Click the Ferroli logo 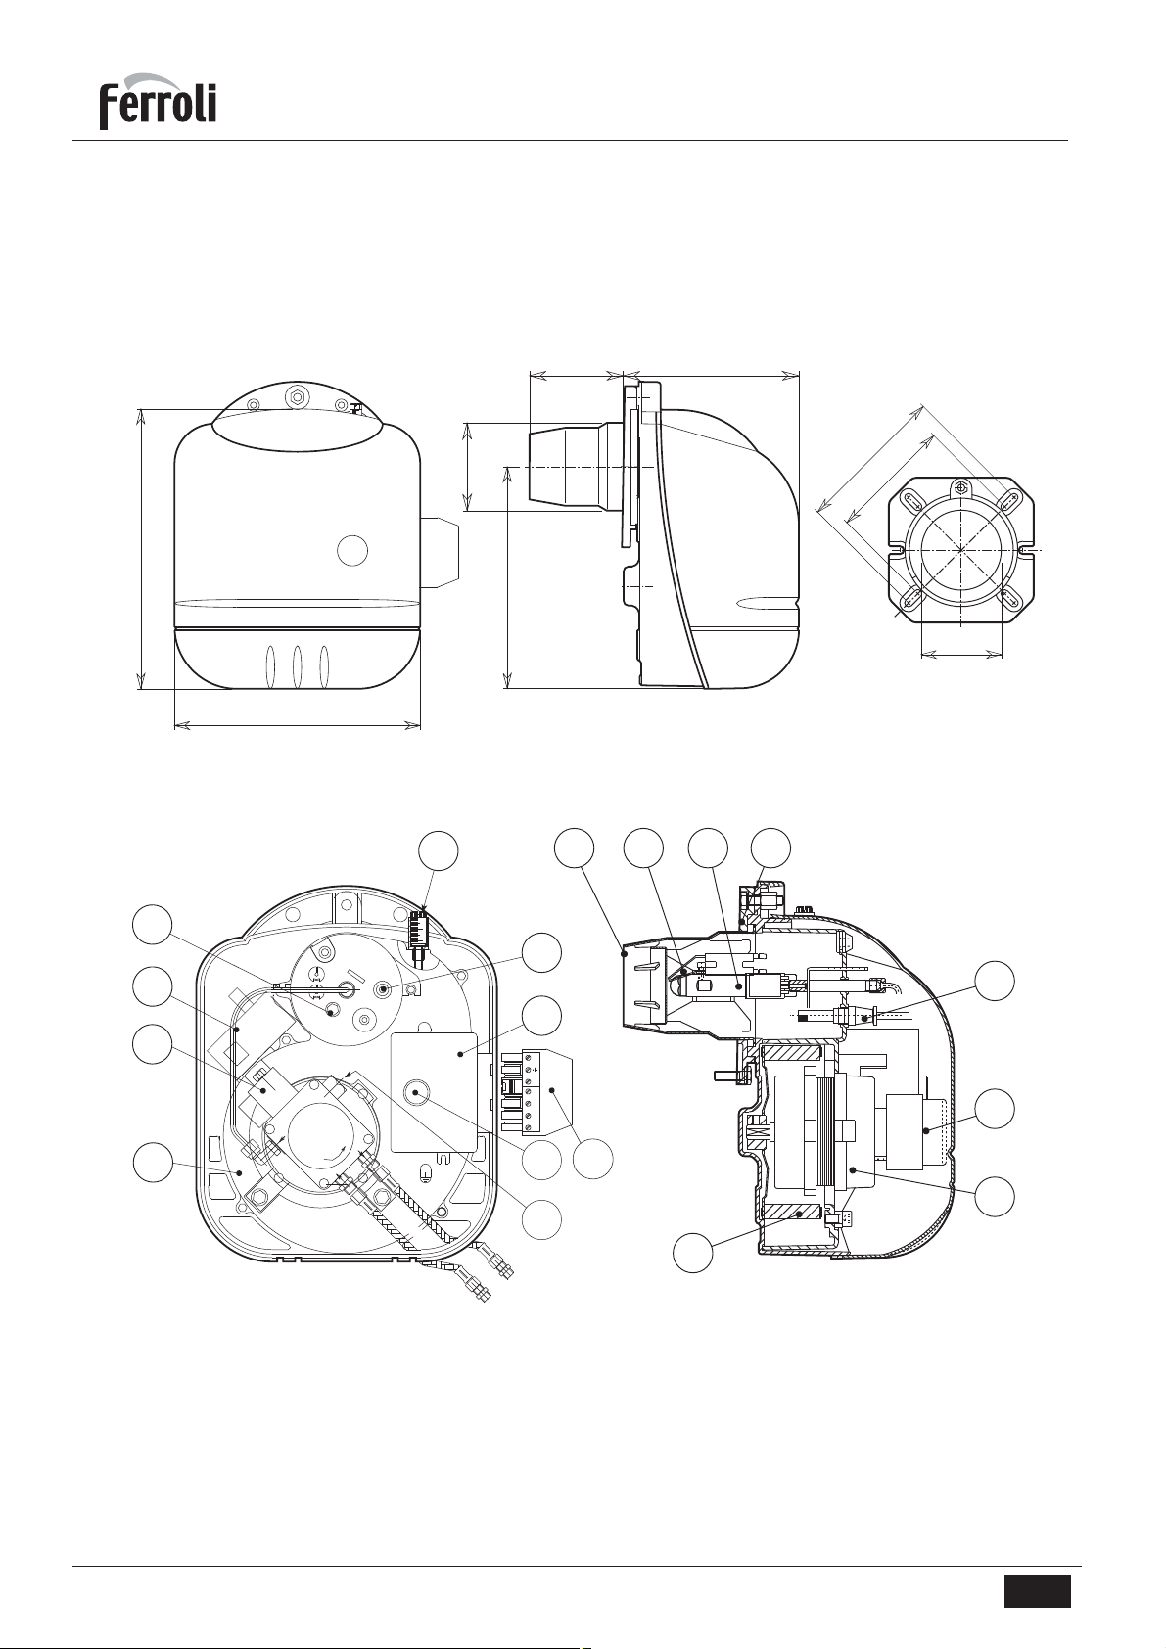pos(158,102)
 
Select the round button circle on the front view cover pos(352,550)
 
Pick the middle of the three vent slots pos(297,667)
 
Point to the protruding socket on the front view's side pos(440,553)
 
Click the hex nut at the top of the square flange pos(959,487)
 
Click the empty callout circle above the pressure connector pos(438,851)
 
